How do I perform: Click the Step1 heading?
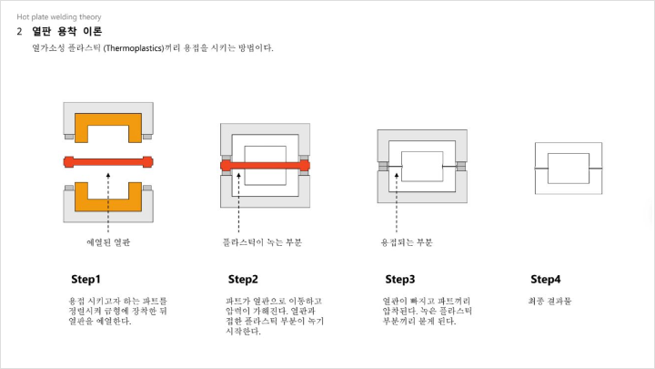pos(86,279)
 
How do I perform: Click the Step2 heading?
pos(243,279)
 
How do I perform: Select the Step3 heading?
pos(399,279)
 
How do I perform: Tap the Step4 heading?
pos(546,279)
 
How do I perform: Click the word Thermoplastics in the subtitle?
pos(135,48)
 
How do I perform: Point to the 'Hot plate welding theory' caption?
pos(59,16)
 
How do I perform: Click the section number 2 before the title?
pos(19,31)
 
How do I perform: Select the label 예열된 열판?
pos(108,242)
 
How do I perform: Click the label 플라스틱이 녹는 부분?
pos(262,242)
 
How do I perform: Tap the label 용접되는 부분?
pos(407,242)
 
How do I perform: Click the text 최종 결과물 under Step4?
pos(549,301)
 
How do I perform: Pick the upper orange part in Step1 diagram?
pos(82,128)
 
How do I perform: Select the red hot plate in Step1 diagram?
pos(108,162)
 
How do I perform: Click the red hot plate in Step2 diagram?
pos(266,166)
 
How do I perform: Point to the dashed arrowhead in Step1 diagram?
pos(108,175)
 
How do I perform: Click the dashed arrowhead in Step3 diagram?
pos(397,176)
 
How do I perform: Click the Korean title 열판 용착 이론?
pos(66,31)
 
